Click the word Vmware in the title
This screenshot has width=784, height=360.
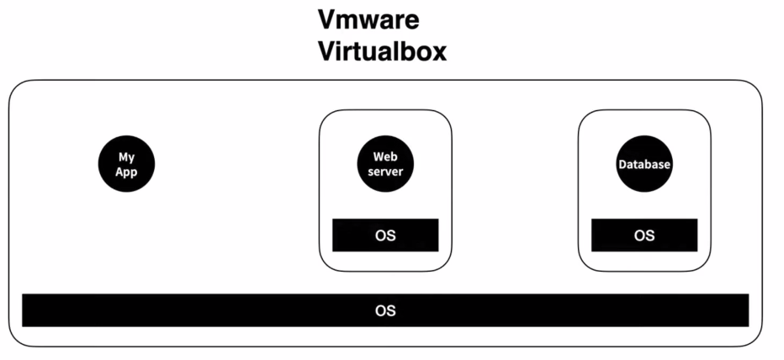click(368, 19)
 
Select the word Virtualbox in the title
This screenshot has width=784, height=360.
click(382, 52)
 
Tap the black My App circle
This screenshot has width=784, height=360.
click(126, 165)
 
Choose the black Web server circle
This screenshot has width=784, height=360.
click(385, 165)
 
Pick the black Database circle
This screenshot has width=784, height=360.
click(644, 165)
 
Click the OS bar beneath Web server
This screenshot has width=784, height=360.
click(385, 236)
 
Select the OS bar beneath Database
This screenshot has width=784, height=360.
click(644, 236)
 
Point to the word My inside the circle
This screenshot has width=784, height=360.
click(126, 157)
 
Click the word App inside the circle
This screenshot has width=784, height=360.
click(126, 172)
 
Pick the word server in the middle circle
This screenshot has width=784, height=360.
click(385, 172)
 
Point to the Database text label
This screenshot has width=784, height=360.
click(644, 165)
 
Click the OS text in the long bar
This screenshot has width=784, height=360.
click(385, 310)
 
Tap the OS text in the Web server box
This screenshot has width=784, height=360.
click(385, 236)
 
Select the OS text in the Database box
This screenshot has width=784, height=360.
click(644, 236)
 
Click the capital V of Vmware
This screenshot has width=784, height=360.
click(326, 19)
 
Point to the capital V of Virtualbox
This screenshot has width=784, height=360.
click(326, 52)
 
